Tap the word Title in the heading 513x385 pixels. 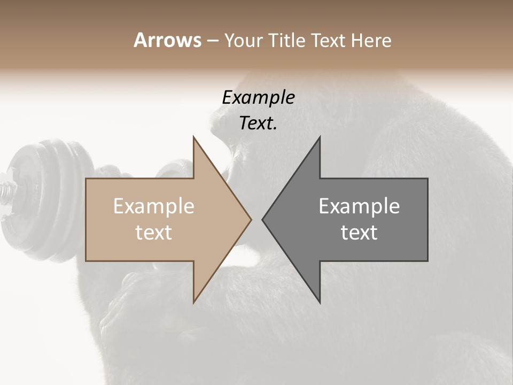[x=289, y=41]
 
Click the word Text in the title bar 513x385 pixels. [x=329, y=41]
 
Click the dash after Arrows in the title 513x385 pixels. [x=212, y=41]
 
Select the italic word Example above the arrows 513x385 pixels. [x=258, y=97]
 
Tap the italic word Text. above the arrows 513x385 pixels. [x=258, y=123]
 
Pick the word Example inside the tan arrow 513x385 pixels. [x=154, y=206]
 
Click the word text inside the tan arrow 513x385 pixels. [x=154, y=233]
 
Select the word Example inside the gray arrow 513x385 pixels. [x=359, y=206]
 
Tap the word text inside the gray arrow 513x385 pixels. [x=359, y=233]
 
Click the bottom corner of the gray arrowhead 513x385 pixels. [x=320, y=302]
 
